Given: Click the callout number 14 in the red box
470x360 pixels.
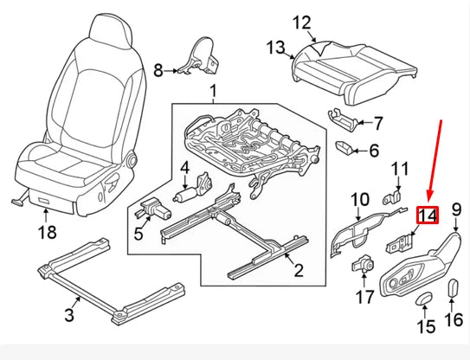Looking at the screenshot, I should pyautogui.click(x=428, y=215).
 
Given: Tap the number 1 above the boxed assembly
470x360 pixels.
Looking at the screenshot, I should pyautogui.click(x=213, y=91).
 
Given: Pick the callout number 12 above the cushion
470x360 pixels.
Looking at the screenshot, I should pyautogui.click(x=301, y=22).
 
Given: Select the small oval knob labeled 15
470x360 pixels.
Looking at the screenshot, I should pyautogui.click(x=423, y=299).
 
